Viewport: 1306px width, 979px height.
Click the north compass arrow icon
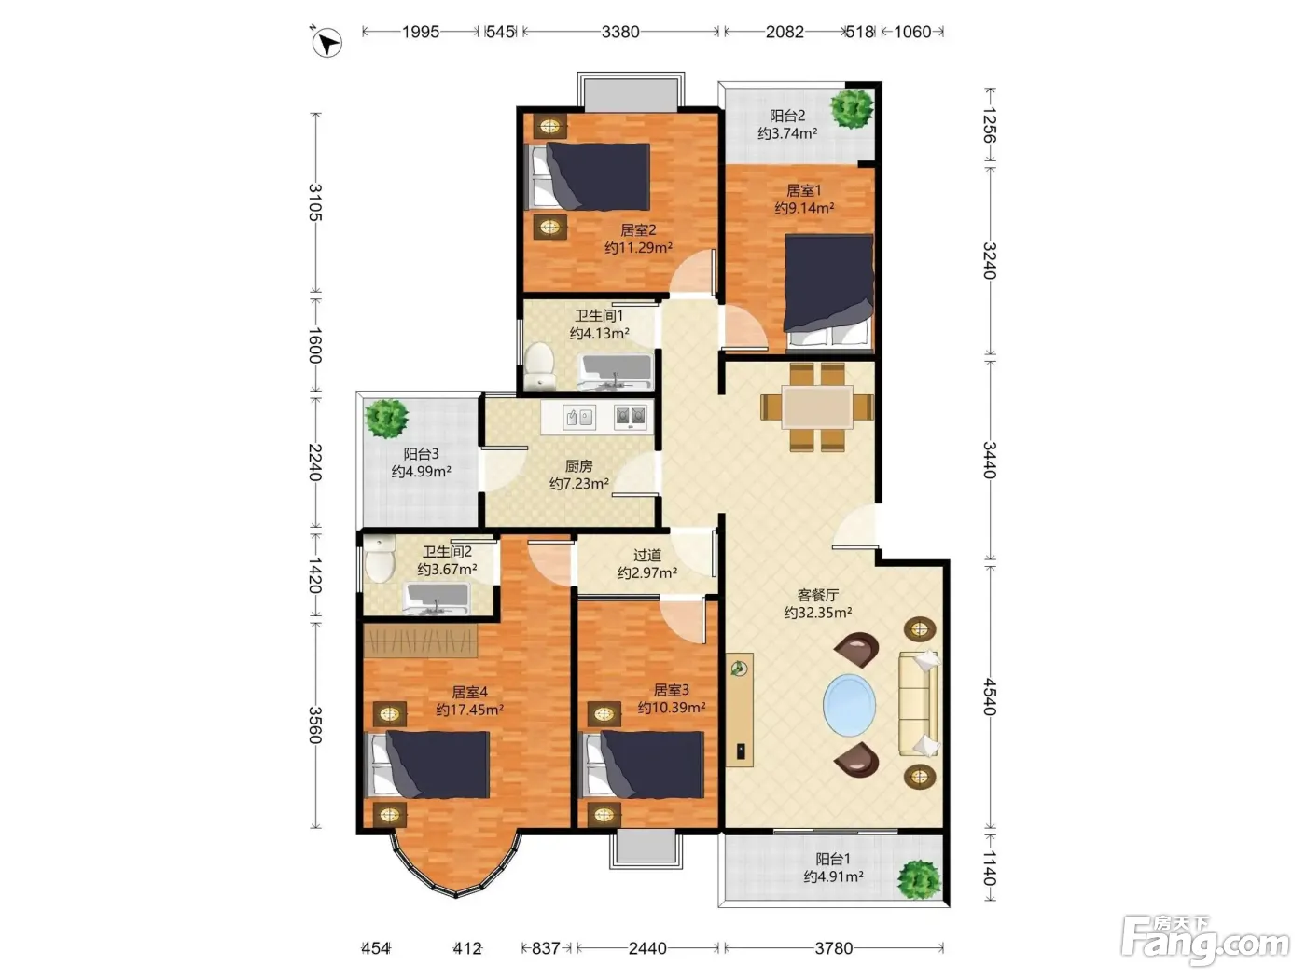[326, 42]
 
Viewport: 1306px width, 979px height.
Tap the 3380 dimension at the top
[620, 32]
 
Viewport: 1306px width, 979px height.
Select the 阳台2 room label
[787, 116]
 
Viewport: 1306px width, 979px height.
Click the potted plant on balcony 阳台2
[852, 108]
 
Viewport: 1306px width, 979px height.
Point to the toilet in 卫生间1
[539, 365]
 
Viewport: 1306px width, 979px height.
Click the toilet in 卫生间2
[379, 558]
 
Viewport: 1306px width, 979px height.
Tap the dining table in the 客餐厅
[817, 407]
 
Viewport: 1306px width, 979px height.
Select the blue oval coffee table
[849, 705]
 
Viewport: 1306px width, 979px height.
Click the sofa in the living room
[919, 704]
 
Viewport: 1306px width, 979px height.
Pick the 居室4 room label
[469, 692]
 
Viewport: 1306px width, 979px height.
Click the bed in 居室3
[643, 765]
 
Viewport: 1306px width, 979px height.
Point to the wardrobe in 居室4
[421, 641]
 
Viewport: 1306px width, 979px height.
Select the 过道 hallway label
[646, 555]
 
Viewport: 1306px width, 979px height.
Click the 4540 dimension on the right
[989, 696]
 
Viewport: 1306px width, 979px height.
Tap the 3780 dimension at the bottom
[834, 948]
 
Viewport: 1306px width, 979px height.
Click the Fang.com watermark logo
[1204, 941]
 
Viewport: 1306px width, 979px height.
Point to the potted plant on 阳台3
[387, 419]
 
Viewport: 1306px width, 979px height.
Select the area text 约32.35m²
[817, 613]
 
